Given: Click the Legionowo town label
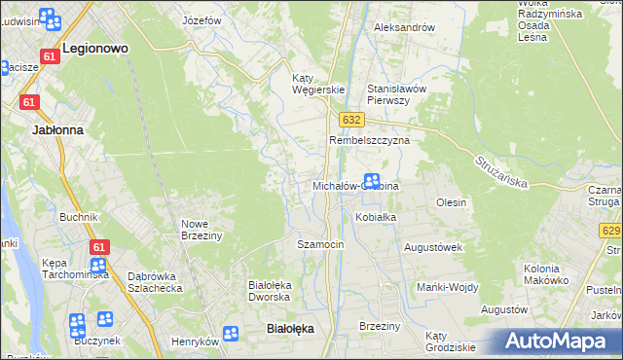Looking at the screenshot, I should tap(96, 47).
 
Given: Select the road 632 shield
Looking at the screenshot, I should tap(352, 119).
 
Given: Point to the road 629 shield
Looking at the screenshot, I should tap(611, 230).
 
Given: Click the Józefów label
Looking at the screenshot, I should tap(202, 19).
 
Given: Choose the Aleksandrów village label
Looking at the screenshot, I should tap(404, 27).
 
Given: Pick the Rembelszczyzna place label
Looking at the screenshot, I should tap(370, 140).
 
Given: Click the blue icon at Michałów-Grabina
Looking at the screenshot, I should tap(371, 180).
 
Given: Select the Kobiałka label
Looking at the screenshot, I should tap(375, 217).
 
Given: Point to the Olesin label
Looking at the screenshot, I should tap(452, 202).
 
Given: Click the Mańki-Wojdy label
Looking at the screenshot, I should tap(446, 287).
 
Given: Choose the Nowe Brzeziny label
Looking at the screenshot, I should tap(202, 230).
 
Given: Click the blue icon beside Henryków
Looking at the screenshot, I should tap(231, 334).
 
